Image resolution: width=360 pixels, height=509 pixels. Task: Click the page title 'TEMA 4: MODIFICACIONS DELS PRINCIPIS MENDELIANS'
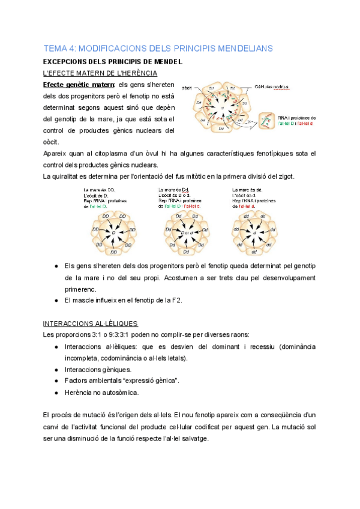click(x=158, y=47)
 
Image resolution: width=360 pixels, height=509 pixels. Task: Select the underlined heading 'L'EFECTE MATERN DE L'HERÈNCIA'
click(x=101, y=73)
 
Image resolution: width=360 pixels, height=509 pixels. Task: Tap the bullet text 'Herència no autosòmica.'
click(x=101, y=393)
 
